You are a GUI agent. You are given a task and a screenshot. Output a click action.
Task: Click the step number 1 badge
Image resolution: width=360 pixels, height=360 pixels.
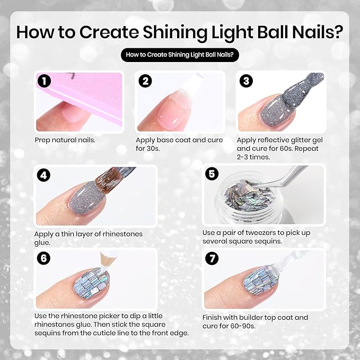(x=45, y=81)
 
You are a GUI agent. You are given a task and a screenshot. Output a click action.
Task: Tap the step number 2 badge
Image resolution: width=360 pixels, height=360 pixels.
(x=146, y=81)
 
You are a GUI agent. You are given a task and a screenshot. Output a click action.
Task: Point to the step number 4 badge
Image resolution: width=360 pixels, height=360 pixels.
(x=45, y=175)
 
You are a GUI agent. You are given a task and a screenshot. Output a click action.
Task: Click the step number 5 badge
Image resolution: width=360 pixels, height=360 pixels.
(x=211, y=174)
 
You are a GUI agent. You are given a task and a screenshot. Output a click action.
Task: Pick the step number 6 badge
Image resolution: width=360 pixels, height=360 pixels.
(x=45, y=259)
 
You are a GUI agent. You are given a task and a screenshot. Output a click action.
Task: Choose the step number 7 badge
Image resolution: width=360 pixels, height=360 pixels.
(x=211, y=259)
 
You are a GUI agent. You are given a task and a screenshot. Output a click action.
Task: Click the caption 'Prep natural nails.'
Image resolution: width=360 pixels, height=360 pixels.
(x=65, y=140)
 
